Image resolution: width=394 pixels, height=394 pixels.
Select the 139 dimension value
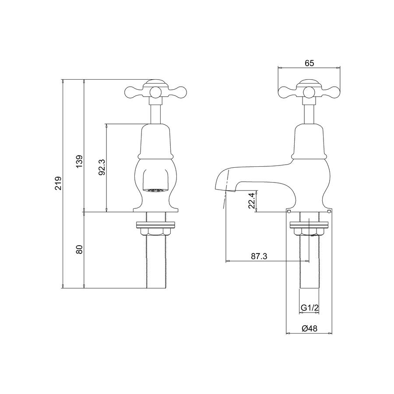point(79,162)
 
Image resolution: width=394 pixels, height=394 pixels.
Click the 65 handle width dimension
point(310,63)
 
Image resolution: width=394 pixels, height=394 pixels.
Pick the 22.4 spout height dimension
point(252,200)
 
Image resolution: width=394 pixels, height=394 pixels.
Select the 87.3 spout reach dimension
point(259,256)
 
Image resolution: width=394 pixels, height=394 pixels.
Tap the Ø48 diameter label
point(310,328)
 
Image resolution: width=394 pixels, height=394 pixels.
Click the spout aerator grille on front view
point(155,190)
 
